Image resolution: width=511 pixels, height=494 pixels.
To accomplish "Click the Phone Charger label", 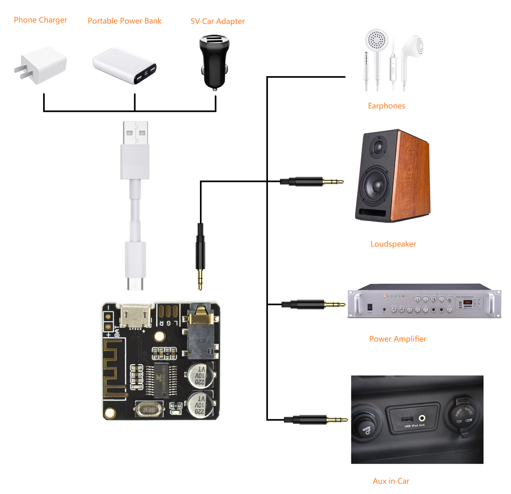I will [x=41, y=20].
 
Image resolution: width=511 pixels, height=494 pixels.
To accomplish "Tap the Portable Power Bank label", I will [x=125, y=21].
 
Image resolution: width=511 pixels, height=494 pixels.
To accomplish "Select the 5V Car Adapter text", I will [x=217, y=21].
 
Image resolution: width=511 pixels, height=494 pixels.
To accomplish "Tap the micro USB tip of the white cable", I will [x=135, y=283].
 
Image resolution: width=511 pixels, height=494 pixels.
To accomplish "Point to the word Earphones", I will [x=386, y=106].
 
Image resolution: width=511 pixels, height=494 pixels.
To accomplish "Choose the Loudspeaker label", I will [x=393, y=244].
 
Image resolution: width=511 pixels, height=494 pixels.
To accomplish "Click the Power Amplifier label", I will [x=398, y=339].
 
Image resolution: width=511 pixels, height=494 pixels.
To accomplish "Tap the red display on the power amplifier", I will [x=468, y=302].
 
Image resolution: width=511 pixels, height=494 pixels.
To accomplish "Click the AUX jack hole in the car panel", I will [x=422, y=418].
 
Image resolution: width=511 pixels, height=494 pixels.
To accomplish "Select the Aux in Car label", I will [x=391, y=481].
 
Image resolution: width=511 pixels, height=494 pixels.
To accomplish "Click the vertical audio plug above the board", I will [x=200, y=256].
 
